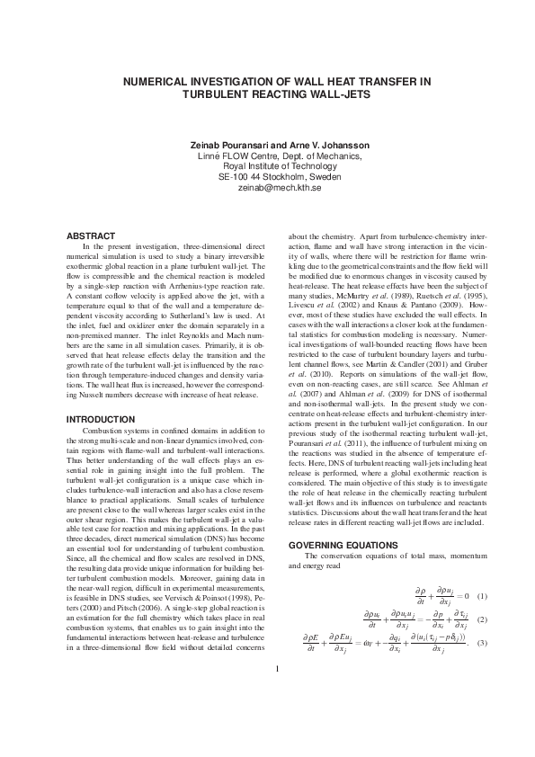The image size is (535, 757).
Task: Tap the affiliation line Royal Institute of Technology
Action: click(x=267, y=166)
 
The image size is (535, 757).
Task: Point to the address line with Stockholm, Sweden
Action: click(x=267, y=177)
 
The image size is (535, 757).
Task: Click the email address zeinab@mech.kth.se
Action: click(x=267, y=188)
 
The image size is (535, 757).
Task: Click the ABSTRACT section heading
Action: click(x=91, y=236)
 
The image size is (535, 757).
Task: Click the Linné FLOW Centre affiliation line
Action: click(x=267, y=156)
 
